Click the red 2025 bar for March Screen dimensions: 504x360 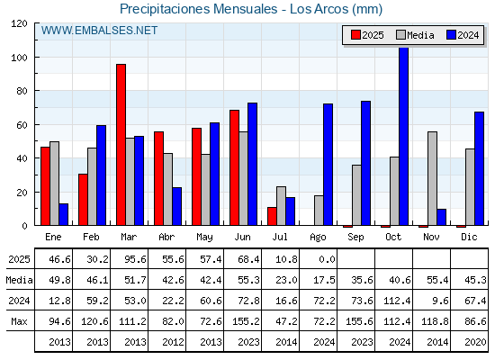tap(121, 145)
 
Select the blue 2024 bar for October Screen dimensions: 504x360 tap(404, 136)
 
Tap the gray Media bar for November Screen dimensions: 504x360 tap(432, 178)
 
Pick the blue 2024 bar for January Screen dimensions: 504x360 tap(64, 214)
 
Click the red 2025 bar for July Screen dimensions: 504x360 tap(272, 216)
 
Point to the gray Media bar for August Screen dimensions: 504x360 tap(319, 211)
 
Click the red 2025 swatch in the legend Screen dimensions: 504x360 tap(355, 35)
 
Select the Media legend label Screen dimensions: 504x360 tap(420, 35)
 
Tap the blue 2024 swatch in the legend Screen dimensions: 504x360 tap(451, 35)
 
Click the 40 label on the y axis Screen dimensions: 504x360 tap(22, 158)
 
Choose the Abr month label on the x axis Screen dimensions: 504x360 tap(166, 238)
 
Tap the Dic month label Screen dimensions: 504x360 tap(469, 238)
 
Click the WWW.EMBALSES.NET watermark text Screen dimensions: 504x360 tap(99, 31)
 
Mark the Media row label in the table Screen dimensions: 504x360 tap(19, 280)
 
